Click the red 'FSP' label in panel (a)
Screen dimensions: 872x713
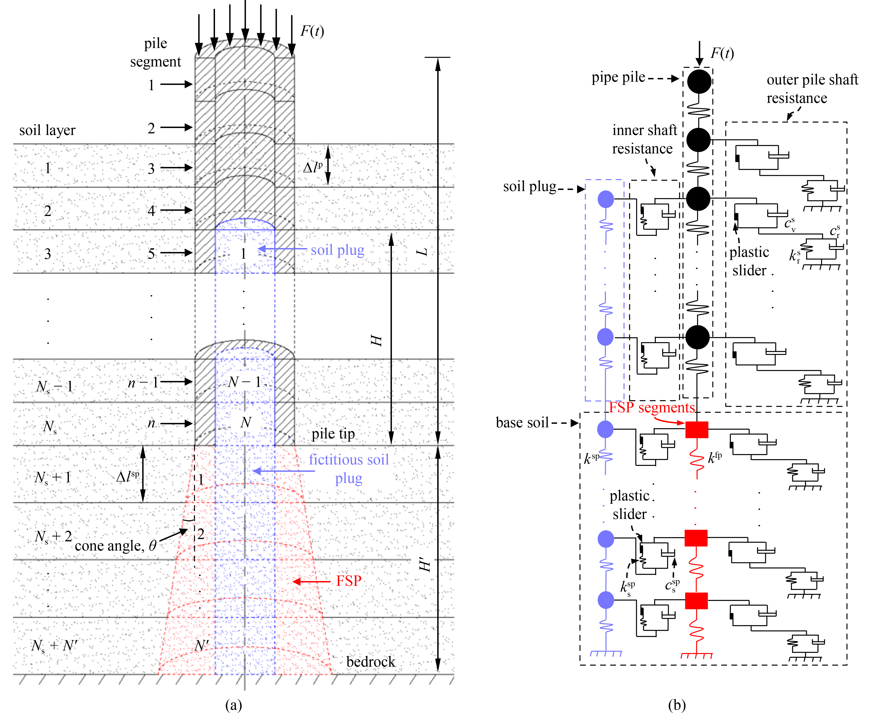349,581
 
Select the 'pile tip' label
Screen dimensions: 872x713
333,434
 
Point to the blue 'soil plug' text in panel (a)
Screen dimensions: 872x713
337,250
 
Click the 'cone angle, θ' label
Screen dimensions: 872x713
116,545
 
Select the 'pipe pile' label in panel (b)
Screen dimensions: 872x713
618,77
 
